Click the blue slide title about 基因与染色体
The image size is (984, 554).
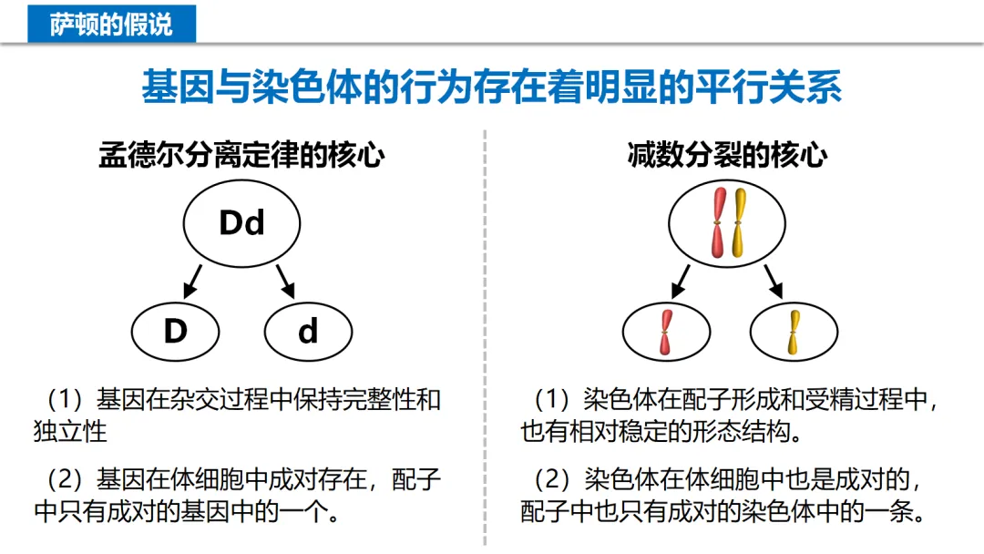pos(491,87)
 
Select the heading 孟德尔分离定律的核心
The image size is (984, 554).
pos(241,156)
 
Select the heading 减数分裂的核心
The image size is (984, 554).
pos(727,156)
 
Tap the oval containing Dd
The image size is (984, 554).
pos(241,223)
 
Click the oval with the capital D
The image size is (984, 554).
pos(176,331)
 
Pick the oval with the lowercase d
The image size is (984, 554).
pos(308,331)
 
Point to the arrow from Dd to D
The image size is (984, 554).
pos(192,281)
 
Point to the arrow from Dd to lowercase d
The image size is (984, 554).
pos(286,281)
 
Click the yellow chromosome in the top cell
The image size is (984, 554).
pos(737,221)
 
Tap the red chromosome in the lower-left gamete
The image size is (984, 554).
pos(666,332)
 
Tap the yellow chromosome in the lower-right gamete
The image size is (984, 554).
pos(794,332)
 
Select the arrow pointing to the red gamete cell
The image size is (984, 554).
pos(681,281)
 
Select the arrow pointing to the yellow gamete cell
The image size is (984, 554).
pos(774,281)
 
